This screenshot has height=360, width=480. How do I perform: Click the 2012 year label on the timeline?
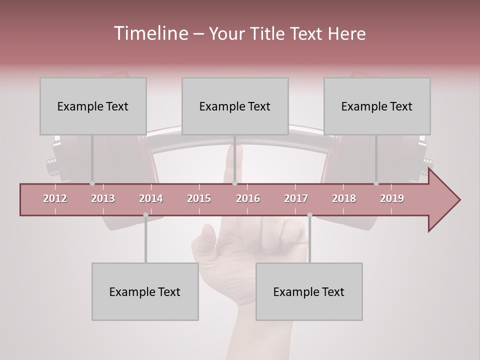point(55,198)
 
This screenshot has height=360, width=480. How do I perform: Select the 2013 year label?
point(103,198)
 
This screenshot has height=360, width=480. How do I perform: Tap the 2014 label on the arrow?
point(151,198)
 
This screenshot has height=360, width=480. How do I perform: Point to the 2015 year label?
point(199,198)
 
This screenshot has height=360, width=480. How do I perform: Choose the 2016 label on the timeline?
point(248,198)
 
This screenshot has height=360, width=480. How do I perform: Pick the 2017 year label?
point(296,198)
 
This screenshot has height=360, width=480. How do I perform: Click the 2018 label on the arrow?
point(344,198)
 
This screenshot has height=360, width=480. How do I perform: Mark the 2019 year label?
point(392,198)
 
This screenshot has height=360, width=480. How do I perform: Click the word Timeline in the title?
point(150,33)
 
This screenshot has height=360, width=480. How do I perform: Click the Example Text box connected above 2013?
point(93,106)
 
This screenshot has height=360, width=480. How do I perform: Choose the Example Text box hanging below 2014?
point(145,291)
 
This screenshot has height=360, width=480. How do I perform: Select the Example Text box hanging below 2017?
point(309,291)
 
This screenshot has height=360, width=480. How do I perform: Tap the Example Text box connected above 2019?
point(377,106)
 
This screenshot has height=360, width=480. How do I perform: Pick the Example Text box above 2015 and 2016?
point(235,106)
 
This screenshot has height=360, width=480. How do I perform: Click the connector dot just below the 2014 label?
point(145,215)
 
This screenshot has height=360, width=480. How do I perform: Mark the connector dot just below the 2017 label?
point(309,215)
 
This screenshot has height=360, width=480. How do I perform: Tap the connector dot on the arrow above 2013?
point(92,183)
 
